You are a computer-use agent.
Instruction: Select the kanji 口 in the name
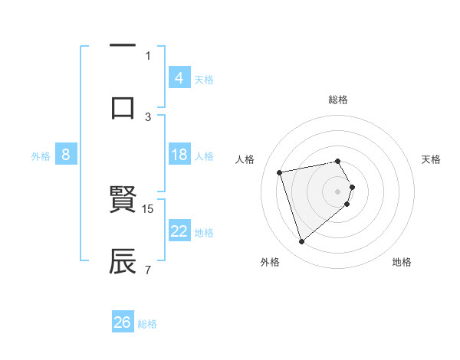click(x=123, y=106)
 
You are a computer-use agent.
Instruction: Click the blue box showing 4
click(x=179, y=77)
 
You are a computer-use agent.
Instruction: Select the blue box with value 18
click(x=179, y=155)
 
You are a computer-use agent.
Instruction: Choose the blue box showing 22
click(x=179, y=231)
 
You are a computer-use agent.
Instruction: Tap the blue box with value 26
click(x=123, y=322)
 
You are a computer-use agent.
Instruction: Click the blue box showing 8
click(x=66, y=155)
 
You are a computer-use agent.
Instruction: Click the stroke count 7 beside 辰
click(x=148, y=270)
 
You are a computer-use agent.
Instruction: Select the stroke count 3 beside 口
click(x=148, y=116)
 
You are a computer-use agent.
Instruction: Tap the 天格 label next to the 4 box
click(x=204, y=79)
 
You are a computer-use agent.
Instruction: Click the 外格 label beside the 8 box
click(x=41, y=155)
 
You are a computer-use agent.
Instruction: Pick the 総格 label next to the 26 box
click(x=147, y=324)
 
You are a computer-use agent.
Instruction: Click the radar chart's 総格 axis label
click(x=338, y=100)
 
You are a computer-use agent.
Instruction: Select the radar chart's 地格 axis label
click(x=402, y=262)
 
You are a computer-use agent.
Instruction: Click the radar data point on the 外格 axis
click(x=301, y=242)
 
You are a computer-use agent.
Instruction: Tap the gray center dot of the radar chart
click(x=338, y=191)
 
